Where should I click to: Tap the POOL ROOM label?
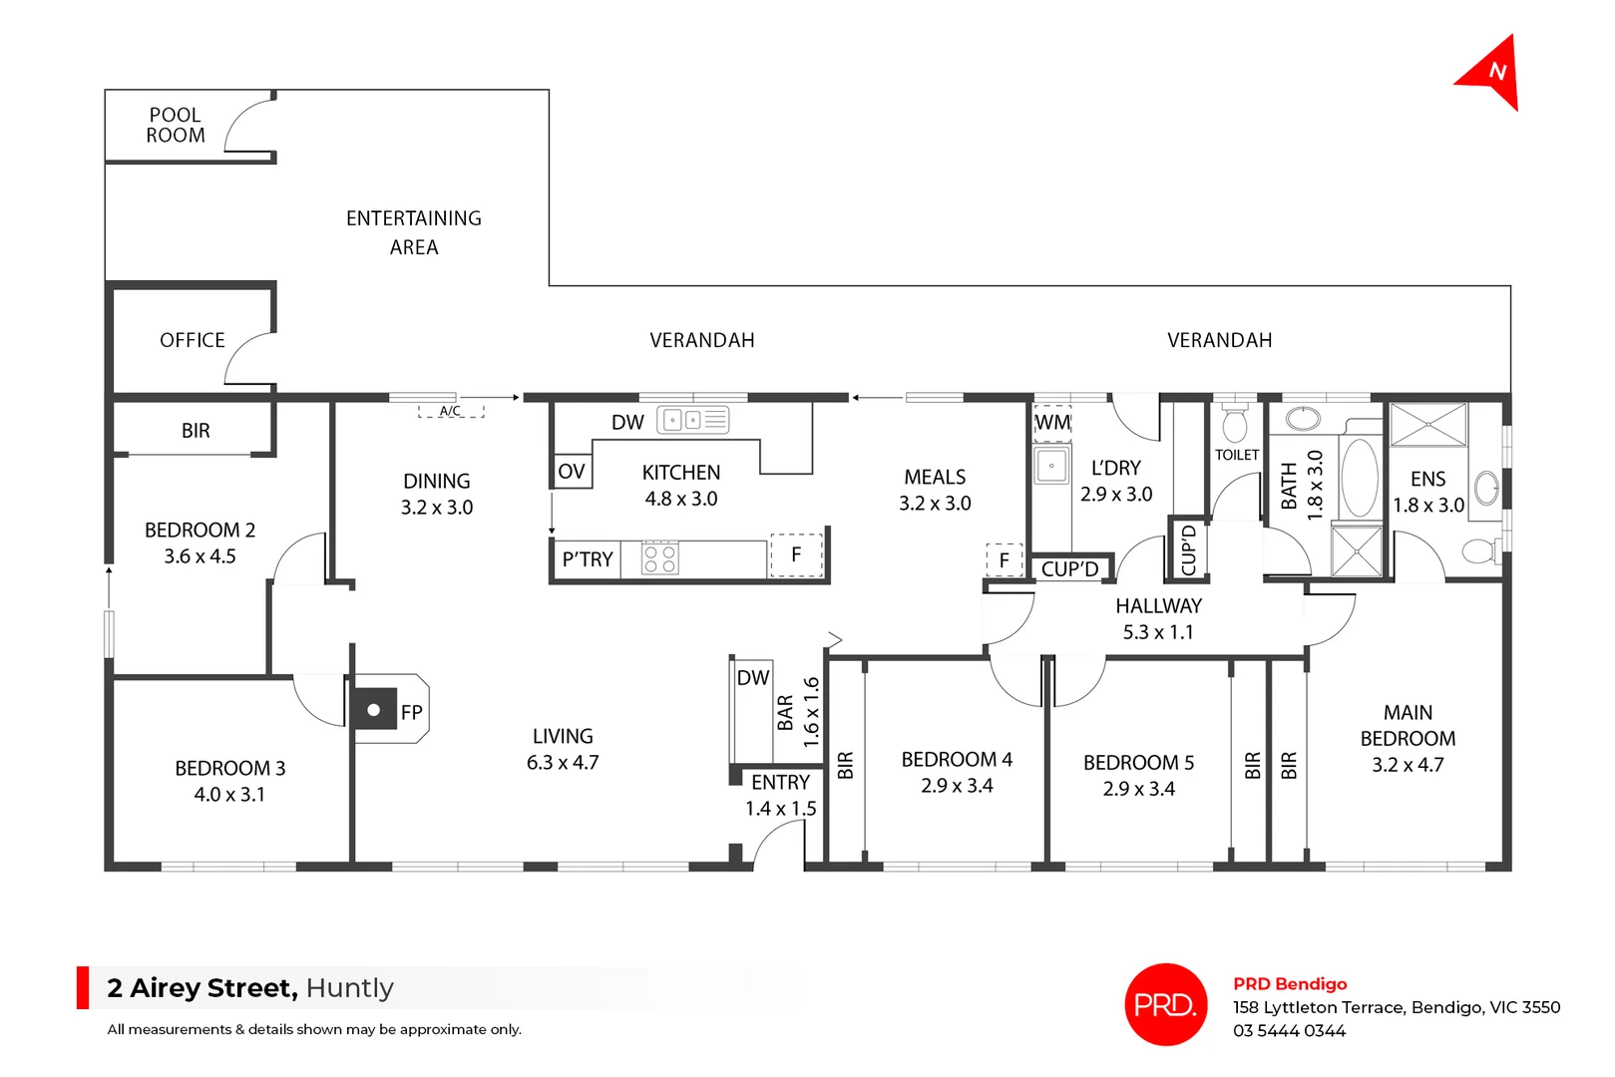pos(176,126)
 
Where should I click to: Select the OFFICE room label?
pos(193,340)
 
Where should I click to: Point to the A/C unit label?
pos(450,411)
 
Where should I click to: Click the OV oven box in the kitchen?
pos(572,472)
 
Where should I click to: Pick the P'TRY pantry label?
pos(587,559)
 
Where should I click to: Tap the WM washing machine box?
pos(1052,423)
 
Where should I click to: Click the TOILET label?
pos(1237,455)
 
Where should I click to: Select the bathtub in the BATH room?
pos(1359,477)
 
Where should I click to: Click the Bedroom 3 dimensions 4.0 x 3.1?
pos(229,795)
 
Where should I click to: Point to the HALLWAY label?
pos(1158,606)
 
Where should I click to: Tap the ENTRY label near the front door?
pos(780,783)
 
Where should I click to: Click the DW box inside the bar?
pos(753,678)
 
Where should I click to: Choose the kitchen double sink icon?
pos(683,420)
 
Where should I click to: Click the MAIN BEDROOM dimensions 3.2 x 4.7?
pos(1407,765)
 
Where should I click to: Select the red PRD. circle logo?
pos(1165,1004)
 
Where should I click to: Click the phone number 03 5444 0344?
pos(1289,1031)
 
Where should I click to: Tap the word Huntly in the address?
pos(350,988)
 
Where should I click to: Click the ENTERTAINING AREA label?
pos(413,232)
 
